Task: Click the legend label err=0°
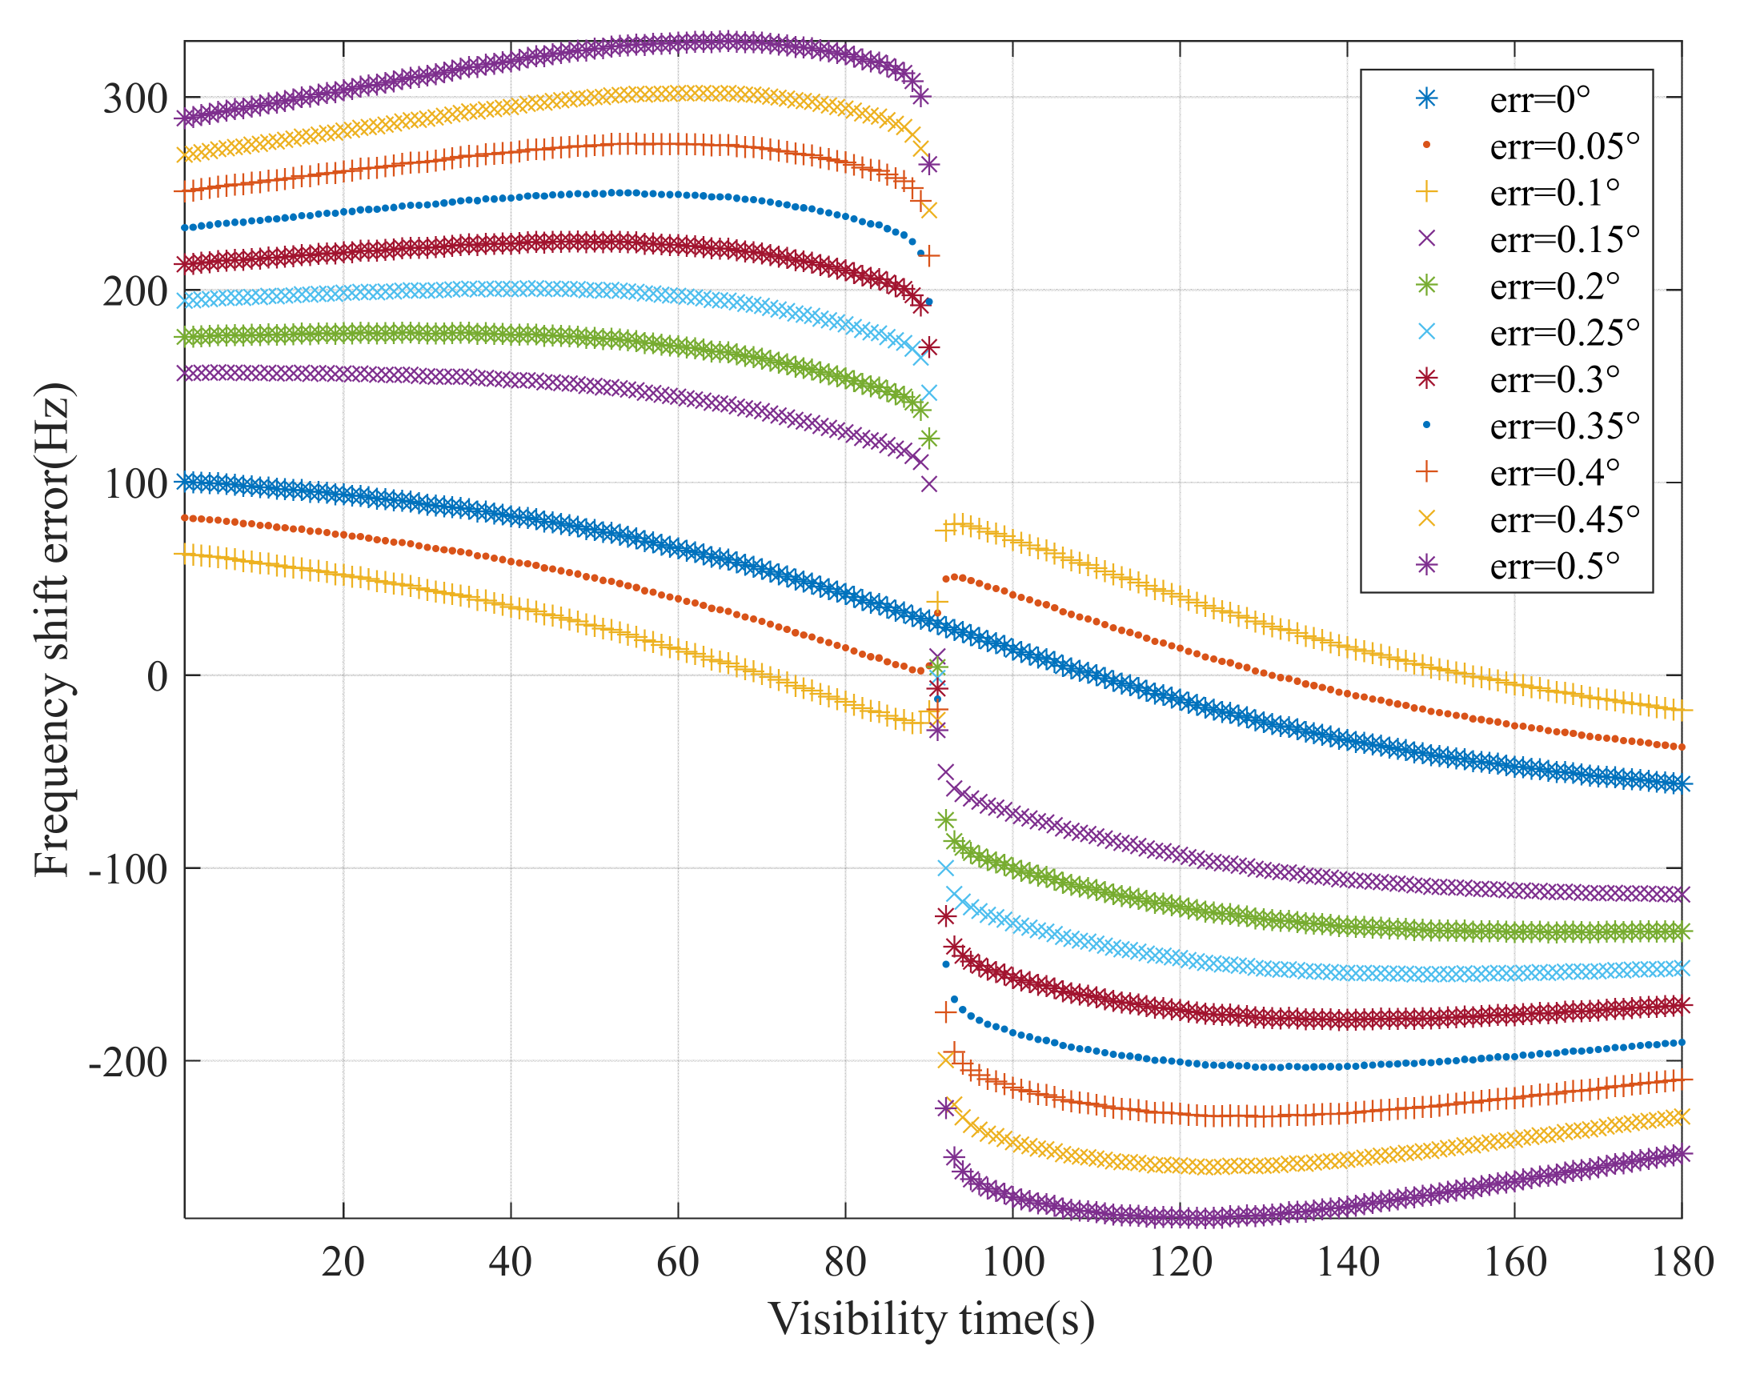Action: (1539, 100)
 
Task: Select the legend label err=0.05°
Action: (1564, 146)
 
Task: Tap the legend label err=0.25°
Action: (1564, 333)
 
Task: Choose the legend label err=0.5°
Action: (1554, 567)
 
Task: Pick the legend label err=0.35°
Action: (1564, 426)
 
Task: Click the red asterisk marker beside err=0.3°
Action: (1426, 379)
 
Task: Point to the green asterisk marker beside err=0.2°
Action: (1426, 286)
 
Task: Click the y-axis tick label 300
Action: (134, 99)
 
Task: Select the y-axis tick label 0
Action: (158, 676)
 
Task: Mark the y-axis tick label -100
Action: (127, 870)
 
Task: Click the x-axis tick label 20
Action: (343, 1262)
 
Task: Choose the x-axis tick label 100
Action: (1012, 1262)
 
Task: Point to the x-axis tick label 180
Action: (1682, 1262)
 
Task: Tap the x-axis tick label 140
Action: (1347, 1262)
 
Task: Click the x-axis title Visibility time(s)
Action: (932, 1320)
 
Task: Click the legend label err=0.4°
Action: (1554, 473)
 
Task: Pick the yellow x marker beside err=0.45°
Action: (1426, 519)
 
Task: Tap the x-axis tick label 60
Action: (677, 1262)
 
